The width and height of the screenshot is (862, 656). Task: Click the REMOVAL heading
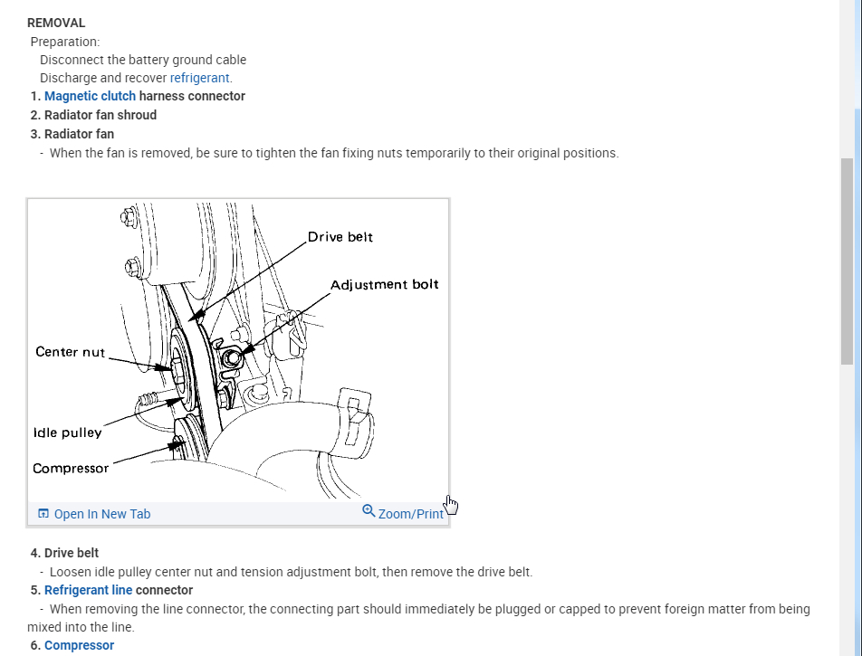[x=56, y=23]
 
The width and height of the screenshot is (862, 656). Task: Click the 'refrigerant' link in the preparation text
[x=200, y=78]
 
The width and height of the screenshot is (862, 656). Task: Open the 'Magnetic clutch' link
[x=90, y=96]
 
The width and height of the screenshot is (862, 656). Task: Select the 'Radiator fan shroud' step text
[x=100, y=115]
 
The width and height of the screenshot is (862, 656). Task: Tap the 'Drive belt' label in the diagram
[x=340, y=237]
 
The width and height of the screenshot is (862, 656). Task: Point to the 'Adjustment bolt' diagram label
[x=384, y=284]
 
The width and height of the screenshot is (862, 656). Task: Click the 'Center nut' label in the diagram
[x=70, y=351]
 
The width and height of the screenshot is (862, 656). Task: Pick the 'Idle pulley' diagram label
[x=67, y=433]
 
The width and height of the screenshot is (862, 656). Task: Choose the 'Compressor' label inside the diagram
[x=71, y=468]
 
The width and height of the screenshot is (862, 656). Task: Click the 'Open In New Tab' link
[x=101, y=514]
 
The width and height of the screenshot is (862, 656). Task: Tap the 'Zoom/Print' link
[x=410, y=514]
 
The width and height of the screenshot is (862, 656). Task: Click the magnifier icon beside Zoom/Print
[x=369, y=511]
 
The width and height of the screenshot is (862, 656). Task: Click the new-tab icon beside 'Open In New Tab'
[x=43, y=514]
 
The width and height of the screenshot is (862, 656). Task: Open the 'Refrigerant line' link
[x=88, y=590]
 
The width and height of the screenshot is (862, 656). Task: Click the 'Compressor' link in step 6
[x=79, y=645]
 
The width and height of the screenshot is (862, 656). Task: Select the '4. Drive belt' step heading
[x=64, y=553]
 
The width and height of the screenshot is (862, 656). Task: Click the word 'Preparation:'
[x=65, y=42]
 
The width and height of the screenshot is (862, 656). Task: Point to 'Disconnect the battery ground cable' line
[x=143, y=60]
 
